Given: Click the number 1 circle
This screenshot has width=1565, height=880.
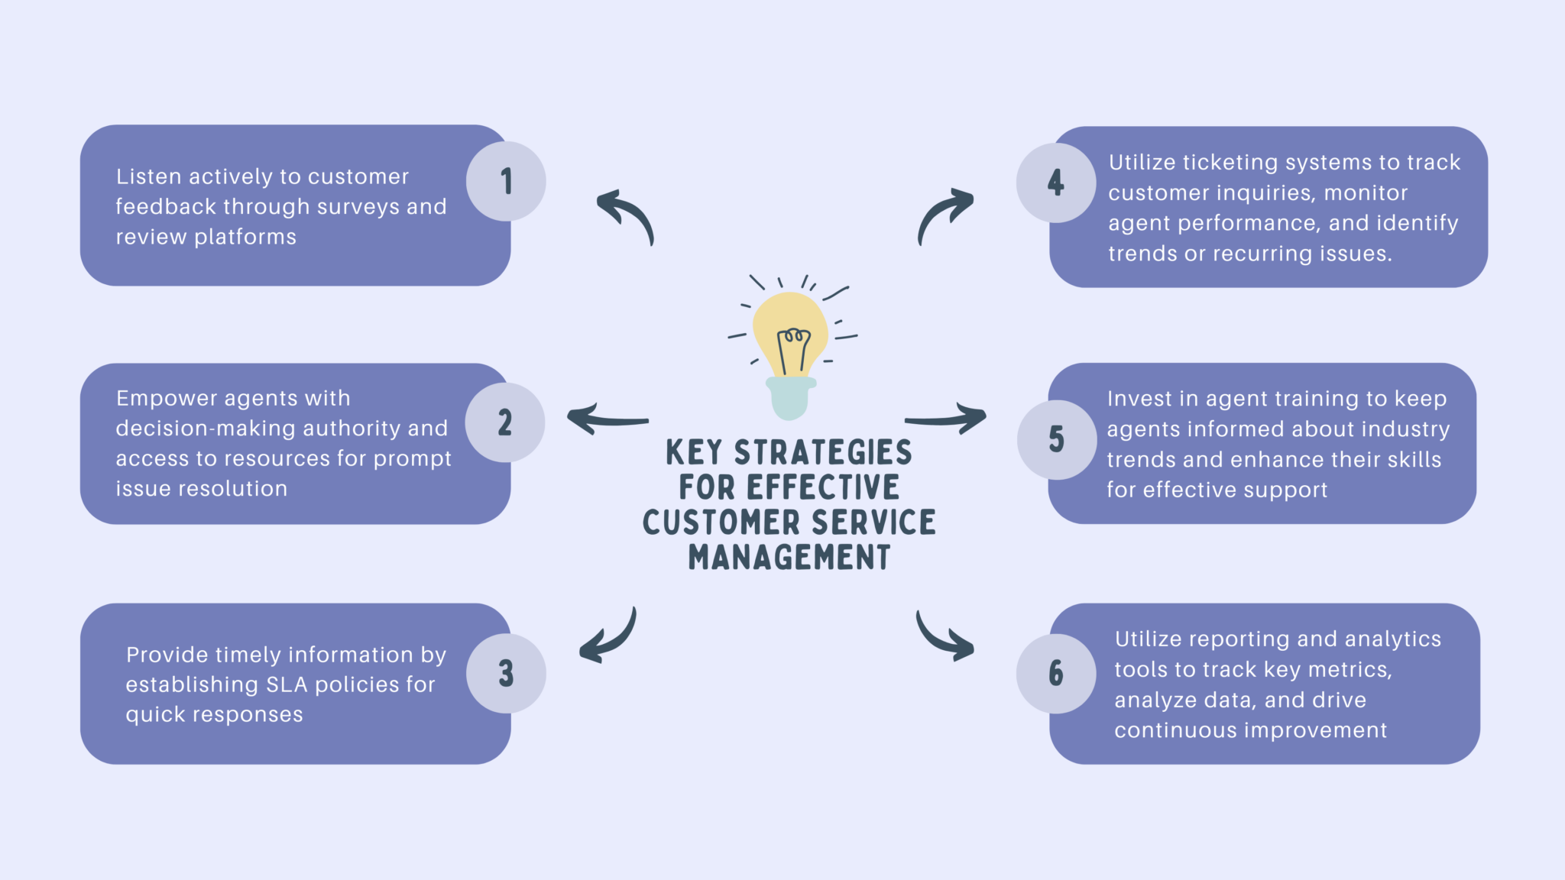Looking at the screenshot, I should point(506,181).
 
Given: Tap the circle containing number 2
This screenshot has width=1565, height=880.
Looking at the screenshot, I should point(505,422).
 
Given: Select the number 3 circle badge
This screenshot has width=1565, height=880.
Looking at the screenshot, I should point(506,673).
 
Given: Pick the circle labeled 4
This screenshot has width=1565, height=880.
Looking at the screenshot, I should point(1056,183).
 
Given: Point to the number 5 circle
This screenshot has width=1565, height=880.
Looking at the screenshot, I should point(1056,439).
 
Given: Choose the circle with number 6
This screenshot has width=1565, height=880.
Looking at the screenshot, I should point(1056,673).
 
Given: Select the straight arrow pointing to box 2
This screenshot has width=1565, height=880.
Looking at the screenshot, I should point(608,419).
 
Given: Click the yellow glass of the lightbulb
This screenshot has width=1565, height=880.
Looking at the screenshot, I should point(790,325).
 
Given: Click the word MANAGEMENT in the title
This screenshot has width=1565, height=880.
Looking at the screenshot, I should point(789,557).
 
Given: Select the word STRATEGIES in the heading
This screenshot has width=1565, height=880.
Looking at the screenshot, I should point(823,452).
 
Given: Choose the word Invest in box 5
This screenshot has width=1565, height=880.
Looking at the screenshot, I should point(1139,399).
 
